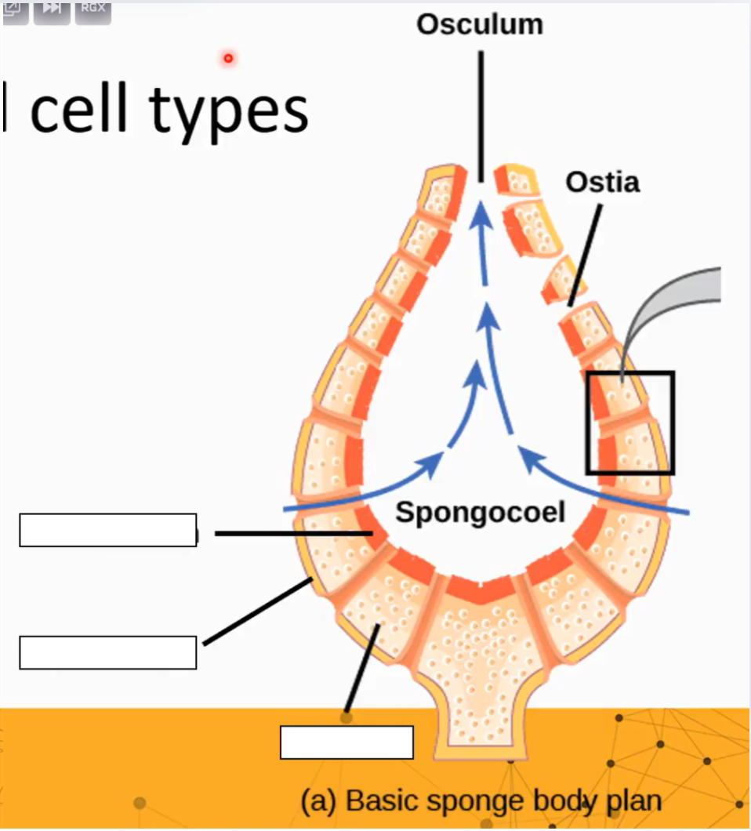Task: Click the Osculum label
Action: point(479,24)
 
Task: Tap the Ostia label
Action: point(602,182)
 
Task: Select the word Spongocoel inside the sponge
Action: point(480,512)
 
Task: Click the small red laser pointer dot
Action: point(228,58)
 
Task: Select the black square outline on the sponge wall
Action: point(629,423)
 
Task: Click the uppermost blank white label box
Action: point(107,530)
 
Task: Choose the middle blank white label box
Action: point(107,652)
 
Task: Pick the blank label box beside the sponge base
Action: point(346,742)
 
